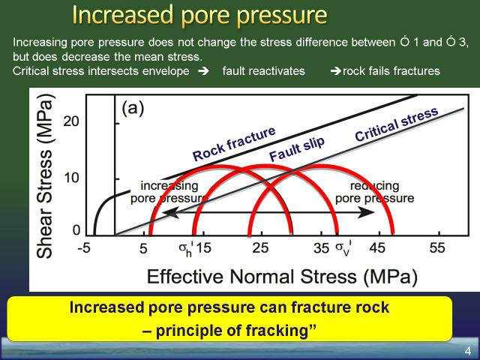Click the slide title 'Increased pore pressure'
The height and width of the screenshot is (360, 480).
point(200,15)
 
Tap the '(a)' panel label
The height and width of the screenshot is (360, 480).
point(133,108)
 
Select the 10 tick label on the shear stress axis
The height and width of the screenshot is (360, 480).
point(71,178)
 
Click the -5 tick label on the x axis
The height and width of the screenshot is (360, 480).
point(85,248)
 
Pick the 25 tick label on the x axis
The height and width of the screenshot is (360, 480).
point(260,248)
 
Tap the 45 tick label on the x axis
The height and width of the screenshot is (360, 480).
point(377,248)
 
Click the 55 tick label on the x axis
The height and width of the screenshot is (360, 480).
point(436,248)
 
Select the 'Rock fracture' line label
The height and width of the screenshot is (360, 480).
point(234,144)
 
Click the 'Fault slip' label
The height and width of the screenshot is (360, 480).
point(297,149)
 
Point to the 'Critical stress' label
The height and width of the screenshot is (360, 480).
point(397,124)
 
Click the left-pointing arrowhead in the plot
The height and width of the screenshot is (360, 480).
point(170,212)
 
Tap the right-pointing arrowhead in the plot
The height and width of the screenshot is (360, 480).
point(366,212)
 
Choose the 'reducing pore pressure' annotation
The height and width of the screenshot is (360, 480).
point(375,192)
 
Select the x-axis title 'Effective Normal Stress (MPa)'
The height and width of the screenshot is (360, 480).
point(283,277)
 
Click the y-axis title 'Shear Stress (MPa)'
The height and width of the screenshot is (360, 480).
point(46,176)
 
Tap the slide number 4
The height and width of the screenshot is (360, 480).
point(468,351)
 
